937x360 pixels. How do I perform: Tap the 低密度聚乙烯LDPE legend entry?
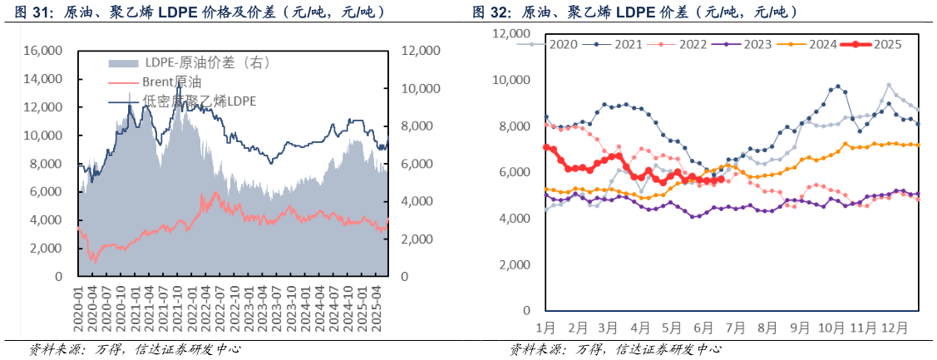pos(200,101)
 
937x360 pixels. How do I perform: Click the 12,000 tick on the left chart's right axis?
pos(420,51)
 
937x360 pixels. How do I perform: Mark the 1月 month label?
pos(545,327)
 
